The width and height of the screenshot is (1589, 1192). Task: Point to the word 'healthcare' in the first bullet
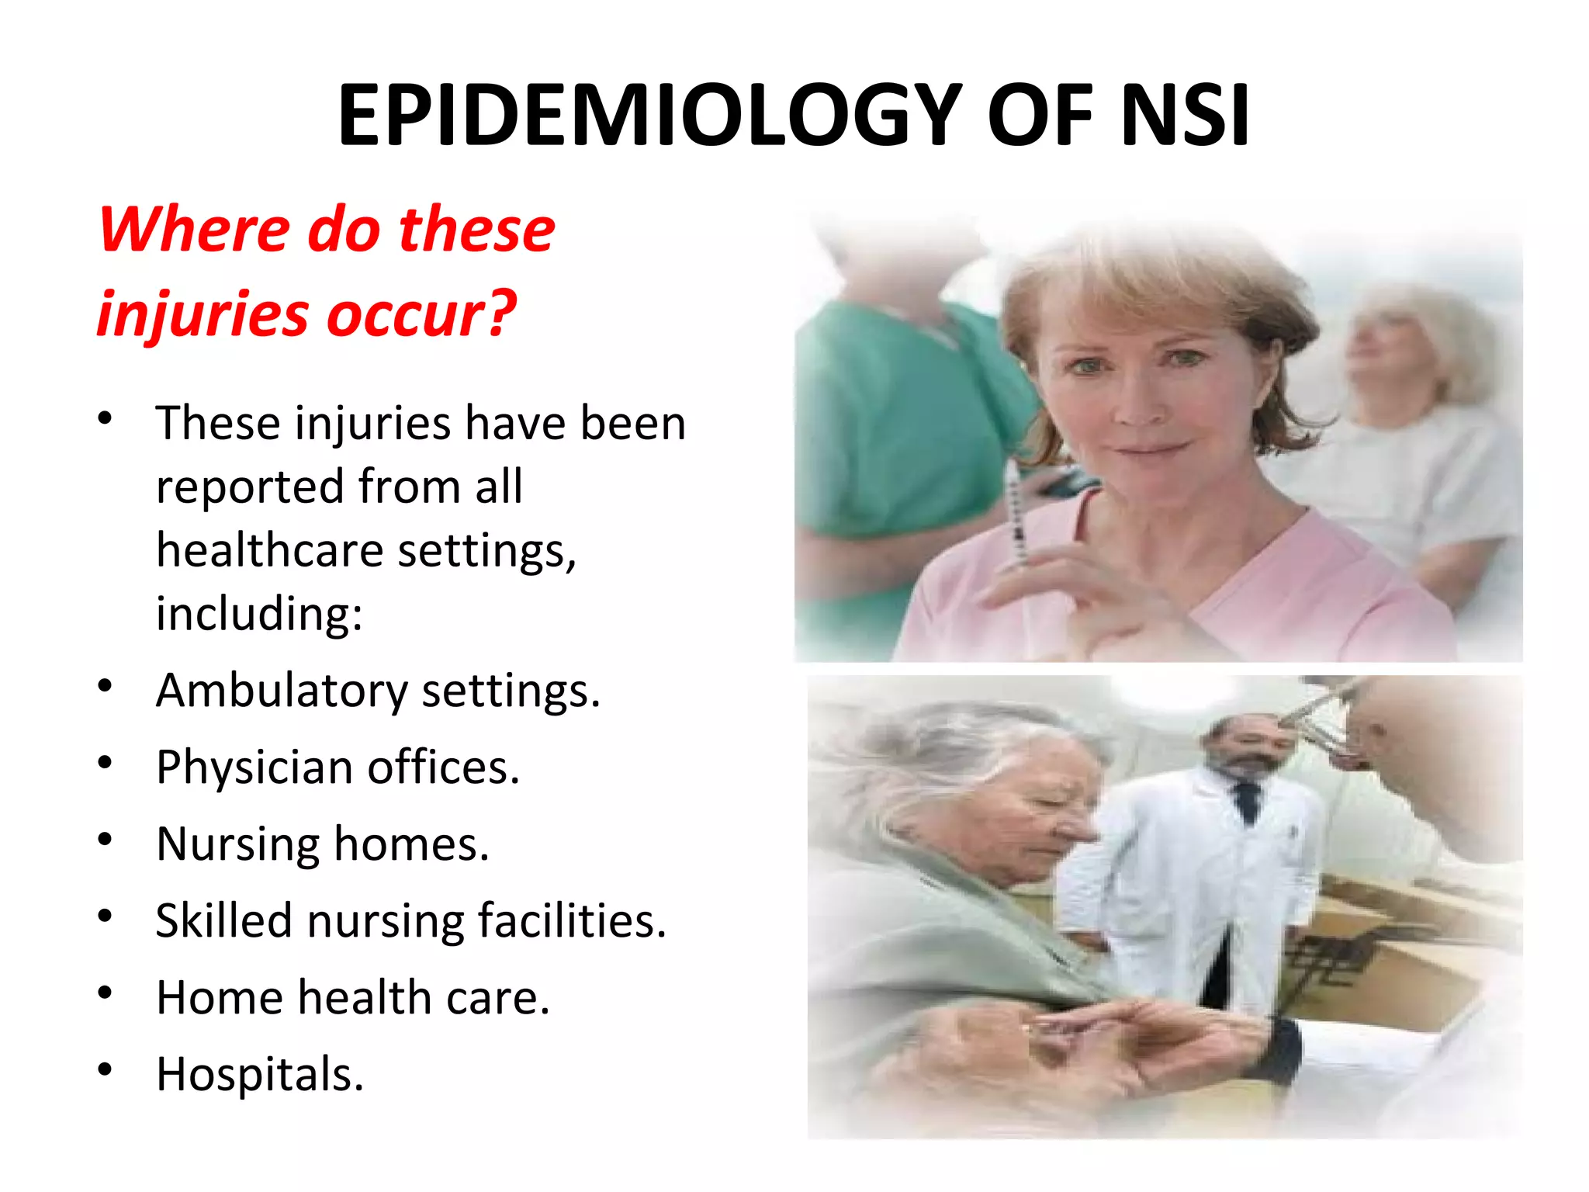(x=269, y=551)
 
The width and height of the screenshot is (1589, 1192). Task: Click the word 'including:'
(x=259, y=614)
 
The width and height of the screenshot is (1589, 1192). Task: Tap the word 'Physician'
(x=254, y=768)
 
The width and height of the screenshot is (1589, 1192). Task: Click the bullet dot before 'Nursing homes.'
(x=106, y=840)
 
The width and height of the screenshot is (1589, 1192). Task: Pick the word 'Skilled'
(x=223, y=921)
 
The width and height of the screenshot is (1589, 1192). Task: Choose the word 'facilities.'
(x=572, y=921)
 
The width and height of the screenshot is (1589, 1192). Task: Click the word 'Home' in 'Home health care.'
(x=219, y=997)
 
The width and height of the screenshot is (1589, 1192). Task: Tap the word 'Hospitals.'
(x=260, y=1075)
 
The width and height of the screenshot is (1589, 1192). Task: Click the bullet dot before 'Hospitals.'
(x=106, y=1070)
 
